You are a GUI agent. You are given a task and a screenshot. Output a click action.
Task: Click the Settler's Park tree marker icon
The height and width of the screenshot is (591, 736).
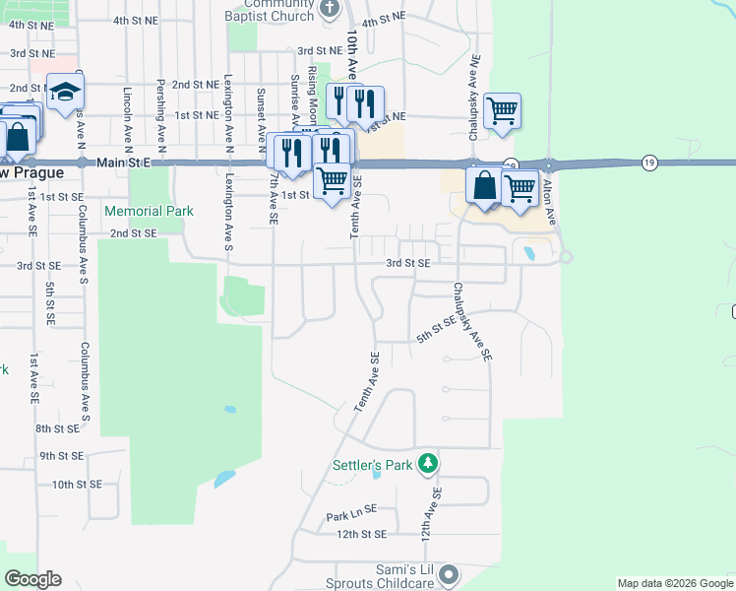(x=427, y=462)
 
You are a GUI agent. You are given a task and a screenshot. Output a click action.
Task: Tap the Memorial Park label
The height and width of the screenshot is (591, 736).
(x=149, y=211)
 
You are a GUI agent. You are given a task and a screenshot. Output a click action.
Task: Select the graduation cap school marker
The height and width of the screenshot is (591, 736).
(x=66, y=92)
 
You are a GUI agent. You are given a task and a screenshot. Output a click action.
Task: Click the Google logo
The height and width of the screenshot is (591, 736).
(x=32, y=579)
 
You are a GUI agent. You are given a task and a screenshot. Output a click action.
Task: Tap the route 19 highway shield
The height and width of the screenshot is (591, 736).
(x=648, y=162)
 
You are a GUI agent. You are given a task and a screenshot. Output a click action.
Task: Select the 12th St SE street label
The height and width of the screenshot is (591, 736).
(x=361, y=534)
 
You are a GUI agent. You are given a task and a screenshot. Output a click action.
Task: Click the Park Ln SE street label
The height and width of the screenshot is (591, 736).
(x=351, y=514)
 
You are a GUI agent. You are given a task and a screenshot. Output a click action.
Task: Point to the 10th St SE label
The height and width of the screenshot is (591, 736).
(x=77, y=484)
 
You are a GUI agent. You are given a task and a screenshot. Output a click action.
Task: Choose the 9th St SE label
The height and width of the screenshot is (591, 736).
(x=61, y=456)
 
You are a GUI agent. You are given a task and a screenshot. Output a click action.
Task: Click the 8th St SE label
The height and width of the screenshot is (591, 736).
(x=57, y=428)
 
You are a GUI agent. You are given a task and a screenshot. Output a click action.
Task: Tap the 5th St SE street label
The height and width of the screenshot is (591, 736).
(x=436, y=329)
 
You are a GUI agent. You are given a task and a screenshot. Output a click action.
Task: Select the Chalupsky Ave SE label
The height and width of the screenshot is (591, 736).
(x=472, y=322)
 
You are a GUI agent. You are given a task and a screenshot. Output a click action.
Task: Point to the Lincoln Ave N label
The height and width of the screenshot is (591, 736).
(x=128, y=107)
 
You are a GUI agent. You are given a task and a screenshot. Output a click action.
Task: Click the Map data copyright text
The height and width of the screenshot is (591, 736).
(x=674, y=583)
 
